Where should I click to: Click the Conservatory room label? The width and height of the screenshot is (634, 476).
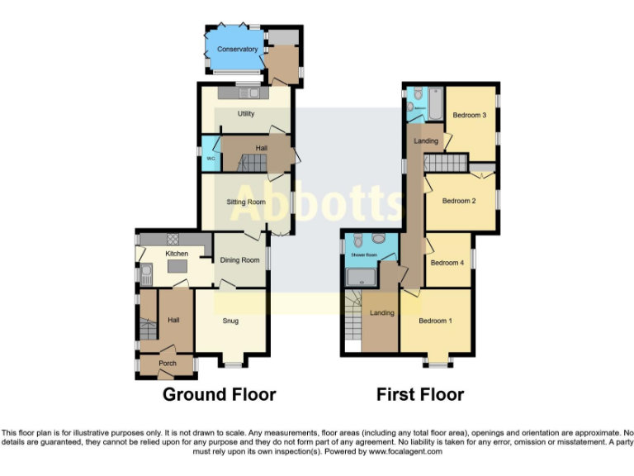point(237,50)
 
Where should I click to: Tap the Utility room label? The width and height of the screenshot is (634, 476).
point(246,113)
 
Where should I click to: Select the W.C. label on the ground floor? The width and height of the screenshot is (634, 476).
point(211,158)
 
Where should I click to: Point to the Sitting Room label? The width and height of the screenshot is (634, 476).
point(246,202)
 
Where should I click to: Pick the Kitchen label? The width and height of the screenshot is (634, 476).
point(177,254)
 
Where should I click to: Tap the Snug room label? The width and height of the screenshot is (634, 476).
point(230,321)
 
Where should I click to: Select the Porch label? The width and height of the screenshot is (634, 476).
point(168,364)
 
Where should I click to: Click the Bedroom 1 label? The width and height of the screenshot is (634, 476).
point(435,321)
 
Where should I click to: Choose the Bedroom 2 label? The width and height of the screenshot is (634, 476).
point(459,201)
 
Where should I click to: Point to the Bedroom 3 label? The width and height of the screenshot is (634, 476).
point(469,115)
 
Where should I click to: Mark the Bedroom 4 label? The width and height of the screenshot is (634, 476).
point(447,263)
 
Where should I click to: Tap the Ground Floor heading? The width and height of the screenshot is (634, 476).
point(219,395)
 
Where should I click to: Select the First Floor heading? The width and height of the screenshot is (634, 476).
point(420,395)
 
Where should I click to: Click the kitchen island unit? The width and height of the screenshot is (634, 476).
point(177,267)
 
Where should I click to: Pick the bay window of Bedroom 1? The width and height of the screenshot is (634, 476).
point(435,361)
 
